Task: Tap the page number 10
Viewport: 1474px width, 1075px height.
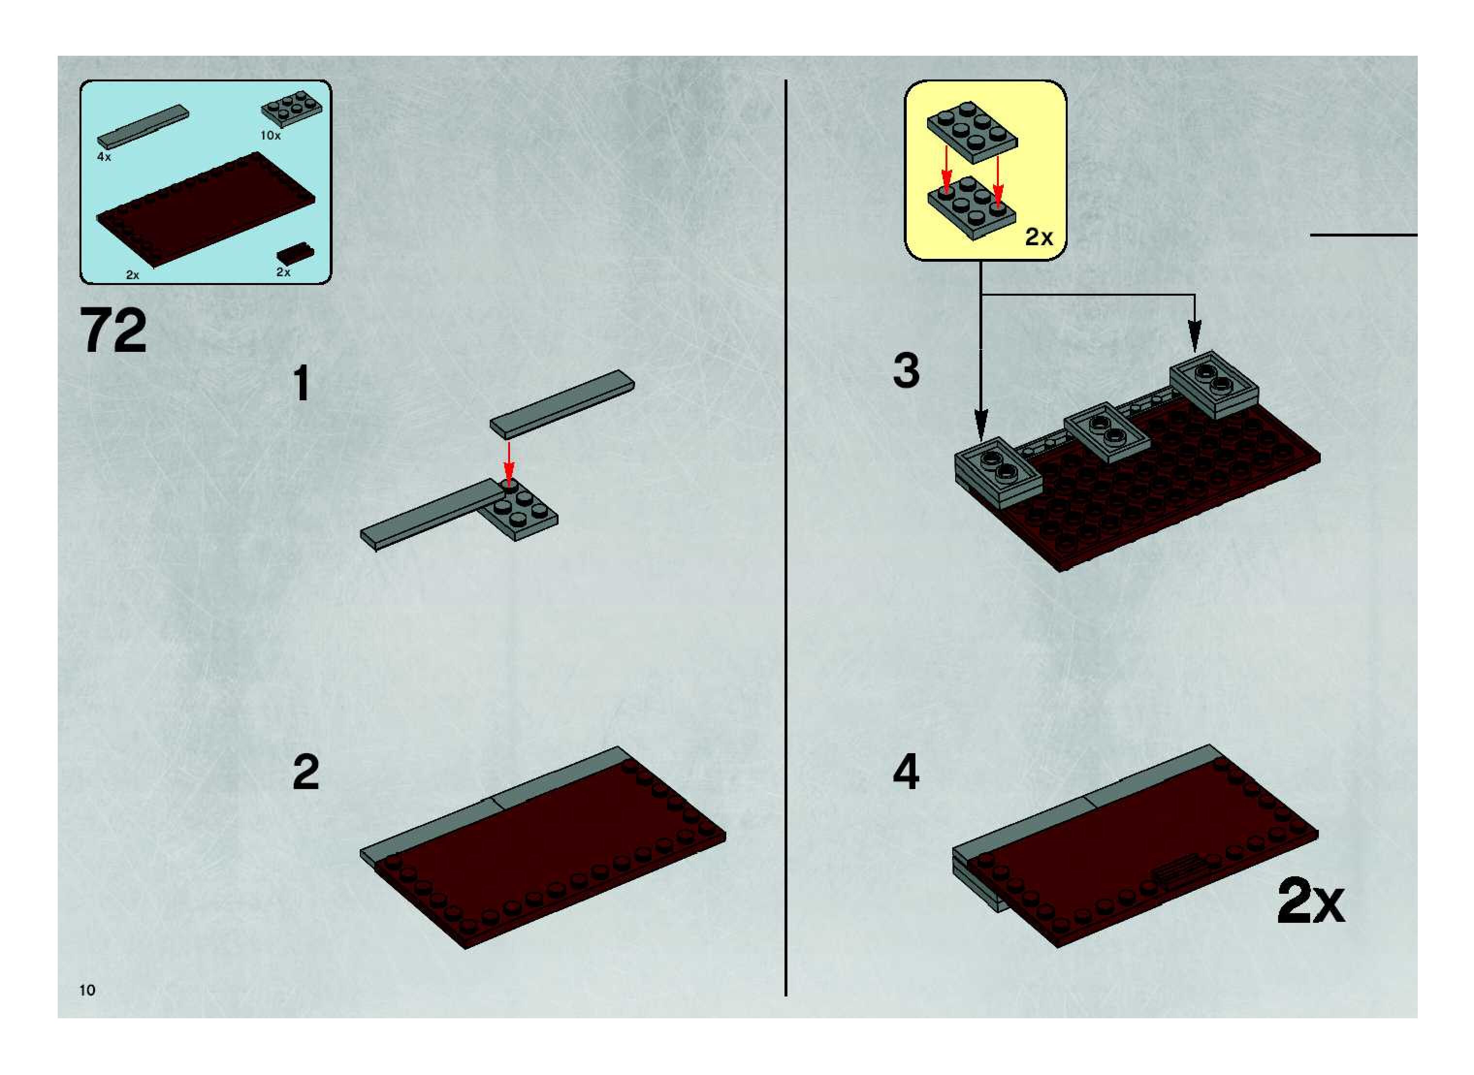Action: pyautogui.click(x=87, y=990)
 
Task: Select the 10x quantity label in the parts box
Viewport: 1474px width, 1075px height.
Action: pyautogui.click(x=270, y=135)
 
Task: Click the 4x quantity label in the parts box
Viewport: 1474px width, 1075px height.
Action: pyautogui.click(x=104, y=157)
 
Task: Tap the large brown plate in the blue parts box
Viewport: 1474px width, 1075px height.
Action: pyautogui.click(x=206, y=209)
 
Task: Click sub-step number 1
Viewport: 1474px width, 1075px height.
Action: pyautogui.click(x=301, y=383)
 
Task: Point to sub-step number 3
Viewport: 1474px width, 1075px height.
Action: pyautogui.click(x=906, y=370)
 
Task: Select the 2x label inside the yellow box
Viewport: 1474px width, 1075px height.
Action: pyautogui.click(x=1039, y=237)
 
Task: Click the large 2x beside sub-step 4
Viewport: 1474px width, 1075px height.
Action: pyautogui.click(x=1311, y=902)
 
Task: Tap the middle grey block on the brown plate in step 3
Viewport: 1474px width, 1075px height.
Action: pyautogui.click(x=1107, y=432)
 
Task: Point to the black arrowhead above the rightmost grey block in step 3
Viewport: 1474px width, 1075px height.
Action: pyautogui.click(x=1195, y=338)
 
